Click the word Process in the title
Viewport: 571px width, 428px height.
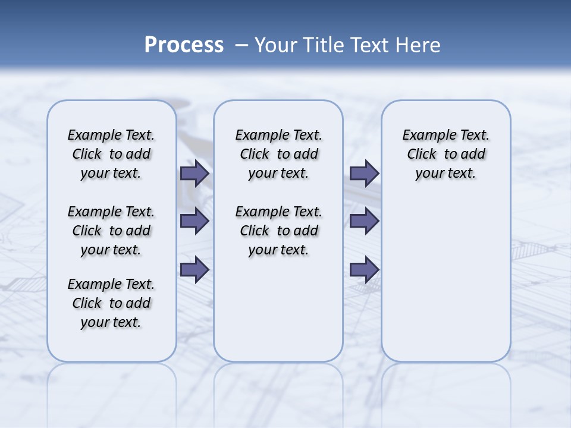(x=184, y=45)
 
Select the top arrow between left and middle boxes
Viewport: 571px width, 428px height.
(x=194, y=174)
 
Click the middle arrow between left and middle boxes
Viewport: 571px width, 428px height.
(x=194, y=221)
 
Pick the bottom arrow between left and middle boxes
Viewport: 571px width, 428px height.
(x=194, y=269)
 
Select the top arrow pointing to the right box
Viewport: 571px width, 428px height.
(x=364, y=174)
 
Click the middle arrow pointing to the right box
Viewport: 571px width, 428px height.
(x=364, y=221)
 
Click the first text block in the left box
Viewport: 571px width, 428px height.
(x=111, y=154)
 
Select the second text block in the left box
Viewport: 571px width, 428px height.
(x=111, y=231)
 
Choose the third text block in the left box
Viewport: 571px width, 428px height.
(x=111, y=303)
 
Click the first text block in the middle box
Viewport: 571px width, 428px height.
(x=278, y=154)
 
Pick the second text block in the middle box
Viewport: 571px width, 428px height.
(x=278, y=231)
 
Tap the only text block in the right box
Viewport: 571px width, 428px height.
(x=445, y=154)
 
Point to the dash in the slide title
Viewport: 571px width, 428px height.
(x=241, y=45)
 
